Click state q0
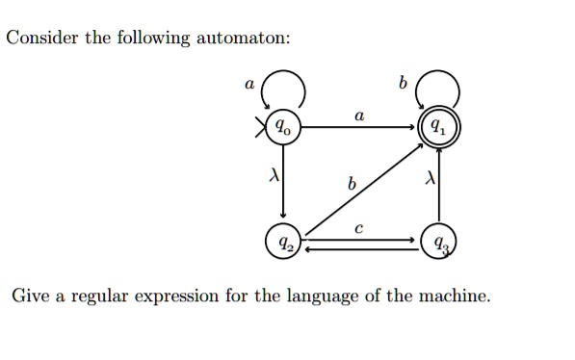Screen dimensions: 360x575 281,126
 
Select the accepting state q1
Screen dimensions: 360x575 437,126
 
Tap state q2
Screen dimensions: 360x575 284,241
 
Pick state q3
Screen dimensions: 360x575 438,241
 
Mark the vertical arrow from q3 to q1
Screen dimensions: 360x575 439,188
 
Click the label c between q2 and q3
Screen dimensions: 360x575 357,228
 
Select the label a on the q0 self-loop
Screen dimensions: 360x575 248,84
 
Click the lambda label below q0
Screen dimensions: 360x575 273,176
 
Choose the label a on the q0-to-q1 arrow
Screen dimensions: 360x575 358,115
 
